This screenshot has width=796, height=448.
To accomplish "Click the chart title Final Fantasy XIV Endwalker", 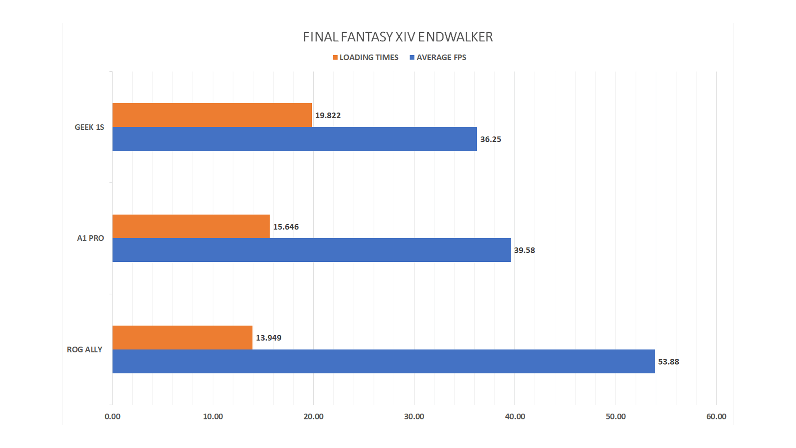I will (398, 37).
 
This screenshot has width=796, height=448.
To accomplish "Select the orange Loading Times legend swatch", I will (335, 57).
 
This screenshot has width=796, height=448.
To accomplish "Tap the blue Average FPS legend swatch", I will (412, 57).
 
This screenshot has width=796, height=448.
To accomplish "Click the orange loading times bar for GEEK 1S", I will (212, 115).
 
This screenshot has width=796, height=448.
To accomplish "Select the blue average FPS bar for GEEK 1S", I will (294, 139).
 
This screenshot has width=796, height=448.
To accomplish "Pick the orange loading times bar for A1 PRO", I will (191, 226).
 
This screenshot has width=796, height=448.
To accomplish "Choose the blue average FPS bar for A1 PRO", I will (311, 250).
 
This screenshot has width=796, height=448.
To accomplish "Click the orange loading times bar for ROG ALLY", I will (182, 337).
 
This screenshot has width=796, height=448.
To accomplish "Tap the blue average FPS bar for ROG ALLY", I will (383, 361).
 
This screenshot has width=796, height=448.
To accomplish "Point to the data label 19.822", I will (328, 115).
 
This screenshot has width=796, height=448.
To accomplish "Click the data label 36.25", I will (490, 139).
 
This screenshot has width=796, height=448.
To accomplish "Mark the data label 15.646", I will (286, 227).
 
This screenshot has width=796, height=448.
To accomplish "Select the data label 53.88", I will (668, 362).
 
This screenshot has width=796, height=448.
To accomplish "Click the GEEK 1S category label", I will (89, 127).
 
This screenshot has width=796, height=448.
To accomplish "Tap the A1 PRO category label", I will (90, 238).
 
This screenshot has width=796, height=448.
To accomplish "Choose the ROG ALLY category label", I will (85, 349).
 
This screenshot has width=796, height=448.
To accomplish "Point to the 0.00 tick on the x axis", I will (112, 416).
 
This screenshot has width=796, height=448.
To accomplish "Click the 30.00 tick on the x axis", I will (414, 416).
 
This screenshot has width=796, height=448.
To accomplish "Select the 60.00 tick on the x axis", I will (716, 416).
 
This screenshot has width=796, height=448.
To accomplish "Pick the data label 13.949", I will (268, 338).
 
